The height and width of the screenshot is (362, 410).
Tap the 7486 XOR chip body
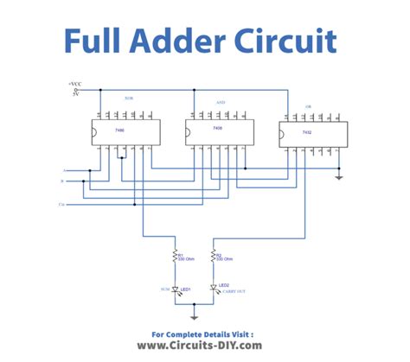pos(119,131)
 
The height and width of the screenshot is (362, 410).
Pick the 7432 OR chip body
pos(306,131)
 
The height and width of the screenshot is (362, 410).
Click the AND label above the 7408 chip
pos(220,102)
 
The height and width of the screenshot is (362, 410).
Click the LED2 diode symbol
pos(213,289)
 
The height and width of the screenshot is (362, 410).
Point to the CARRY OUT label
pos(233,293)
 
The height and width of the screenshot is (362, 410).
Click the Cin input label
pos(61,205)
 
